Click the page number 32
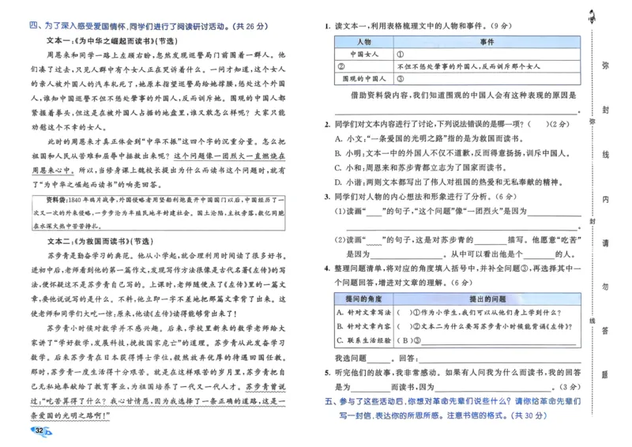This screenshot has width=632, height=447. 36,430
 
